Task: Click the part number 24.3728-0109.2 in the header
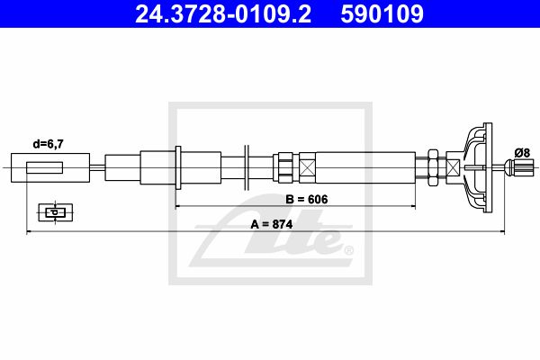click(223, 13)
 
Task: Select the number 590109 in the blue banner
click(382, 13)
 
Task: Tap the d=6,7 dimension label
click(49, 144)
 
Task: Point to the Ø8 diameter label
click(522, 152)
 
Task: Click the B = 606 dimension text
click(307, 199)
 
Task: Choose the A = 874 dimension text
click(272, 224)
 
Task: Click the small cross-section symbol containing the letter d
click(56, 212)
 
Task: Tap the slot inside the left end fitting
click(44, 167)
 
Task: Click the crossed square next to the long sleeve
click(307, 167)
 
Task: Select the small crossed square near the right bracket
click(453, 167)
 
